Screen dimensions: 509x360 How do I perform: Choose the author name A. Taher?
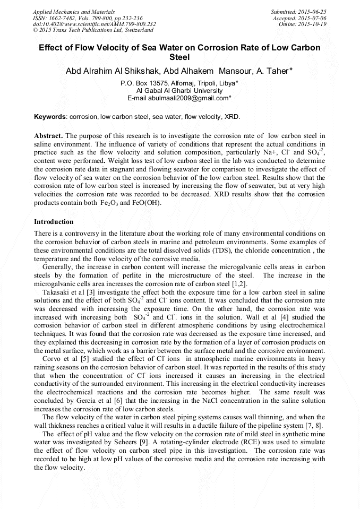click(272, 71)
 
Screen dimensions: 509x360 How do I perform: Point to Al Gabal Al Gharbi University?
click(179, 91)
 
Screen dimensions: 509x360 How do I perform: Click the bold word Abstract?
click(48, 136)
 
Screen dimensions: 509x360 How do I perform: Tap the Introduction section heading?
click(54, 221)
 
